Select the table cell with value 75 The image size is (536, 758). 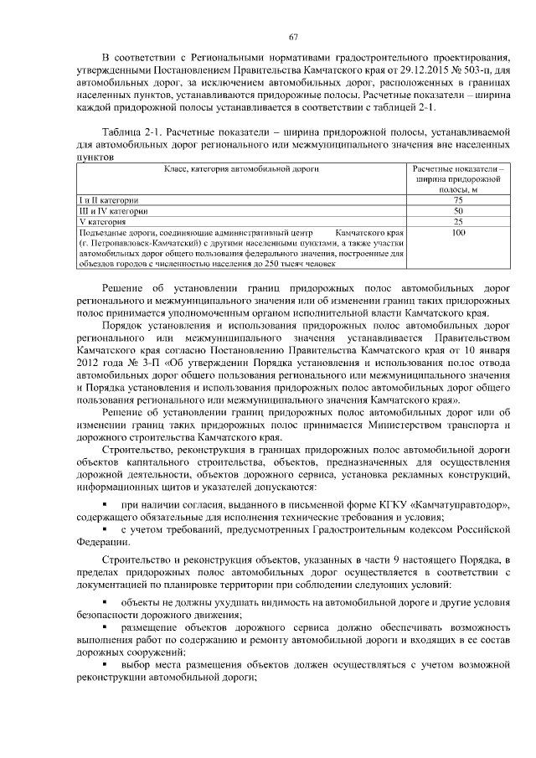[x=458, y=200]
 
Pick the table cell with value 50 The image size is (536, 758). [x=458, y=211]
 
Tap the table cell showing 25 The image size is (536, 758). [x=458, y=221]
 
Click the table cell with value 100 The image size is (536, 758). [x=458, y=232]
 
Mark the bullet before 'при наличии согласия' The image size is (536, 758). [x=104, y=506]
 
